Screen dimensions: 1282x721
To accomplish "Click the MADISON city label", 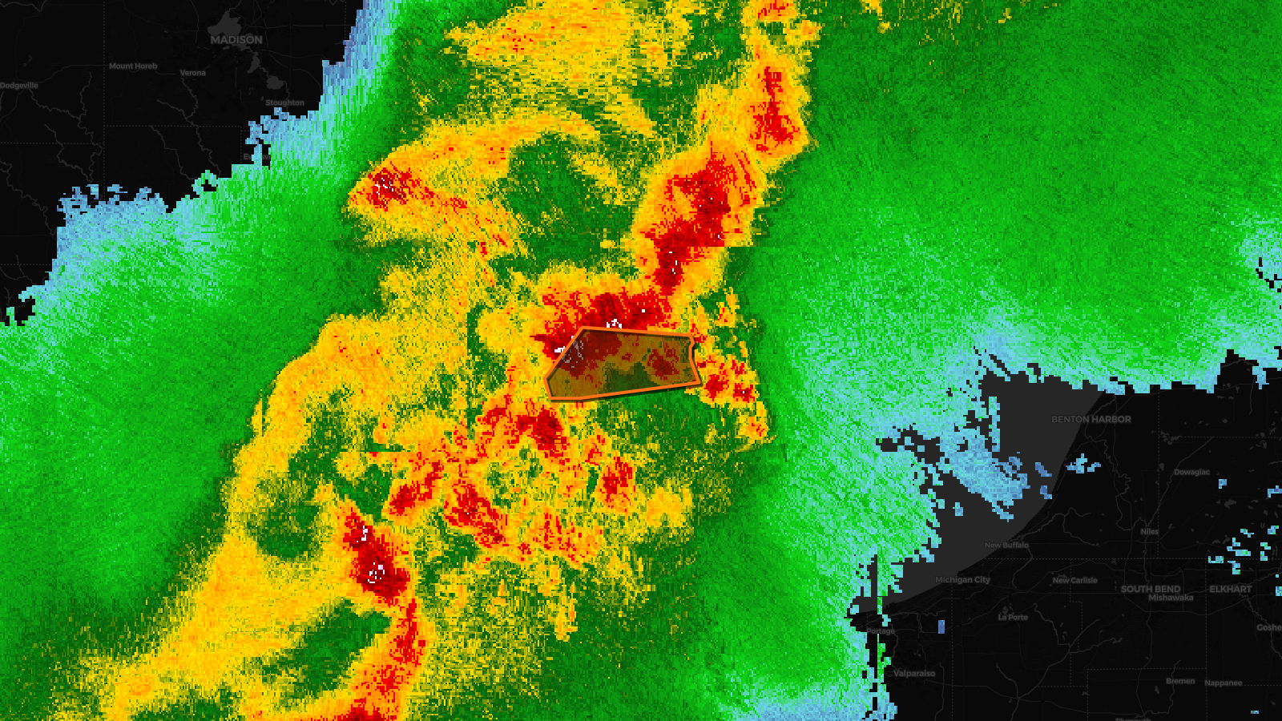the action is point(236,39).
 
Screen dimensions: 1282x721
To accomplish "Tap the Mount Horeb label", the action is point(133,66).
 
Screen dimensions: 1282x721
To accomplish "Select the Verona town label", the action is point(192,73).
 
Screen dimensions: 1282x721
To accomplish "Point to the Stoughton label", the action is point(284,103).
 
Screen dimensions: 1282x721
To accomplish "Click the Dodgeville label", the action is point(19,86).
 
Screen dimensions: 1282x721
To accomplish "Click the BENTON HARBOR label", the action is point(1091,419).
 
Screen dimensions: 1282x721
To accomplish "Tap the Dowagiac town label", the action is point(1191,472).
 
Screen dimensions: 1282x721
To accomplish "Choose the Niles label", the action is point(1149,531).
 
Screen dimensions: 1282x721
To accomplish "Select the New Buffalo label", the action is point(1006,545).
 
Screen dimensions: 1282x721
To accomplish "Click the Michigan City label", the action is point(962,579).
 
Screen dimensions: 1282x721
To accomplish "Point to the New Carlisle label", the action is point(1074,580).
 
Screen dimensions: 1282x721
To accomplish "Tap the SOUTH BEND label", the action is point(1151,589).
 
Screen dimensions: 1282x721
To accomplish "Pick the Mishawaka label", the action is point(1171,598).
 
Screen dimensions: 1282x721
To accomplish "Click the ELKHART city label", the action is point(1230,589).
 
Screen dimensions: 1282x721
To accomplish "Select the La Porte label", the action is point(1013,617).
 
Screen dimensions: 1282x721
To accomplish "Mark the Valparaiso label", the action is point(913,673).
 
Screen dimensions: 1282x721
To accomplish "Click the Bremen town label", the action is point(1180,681).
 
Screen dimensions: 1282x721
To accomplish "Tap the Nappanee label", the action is point(1223,683).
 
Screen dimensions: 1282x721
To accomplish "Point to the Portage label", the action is point(880,631).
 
